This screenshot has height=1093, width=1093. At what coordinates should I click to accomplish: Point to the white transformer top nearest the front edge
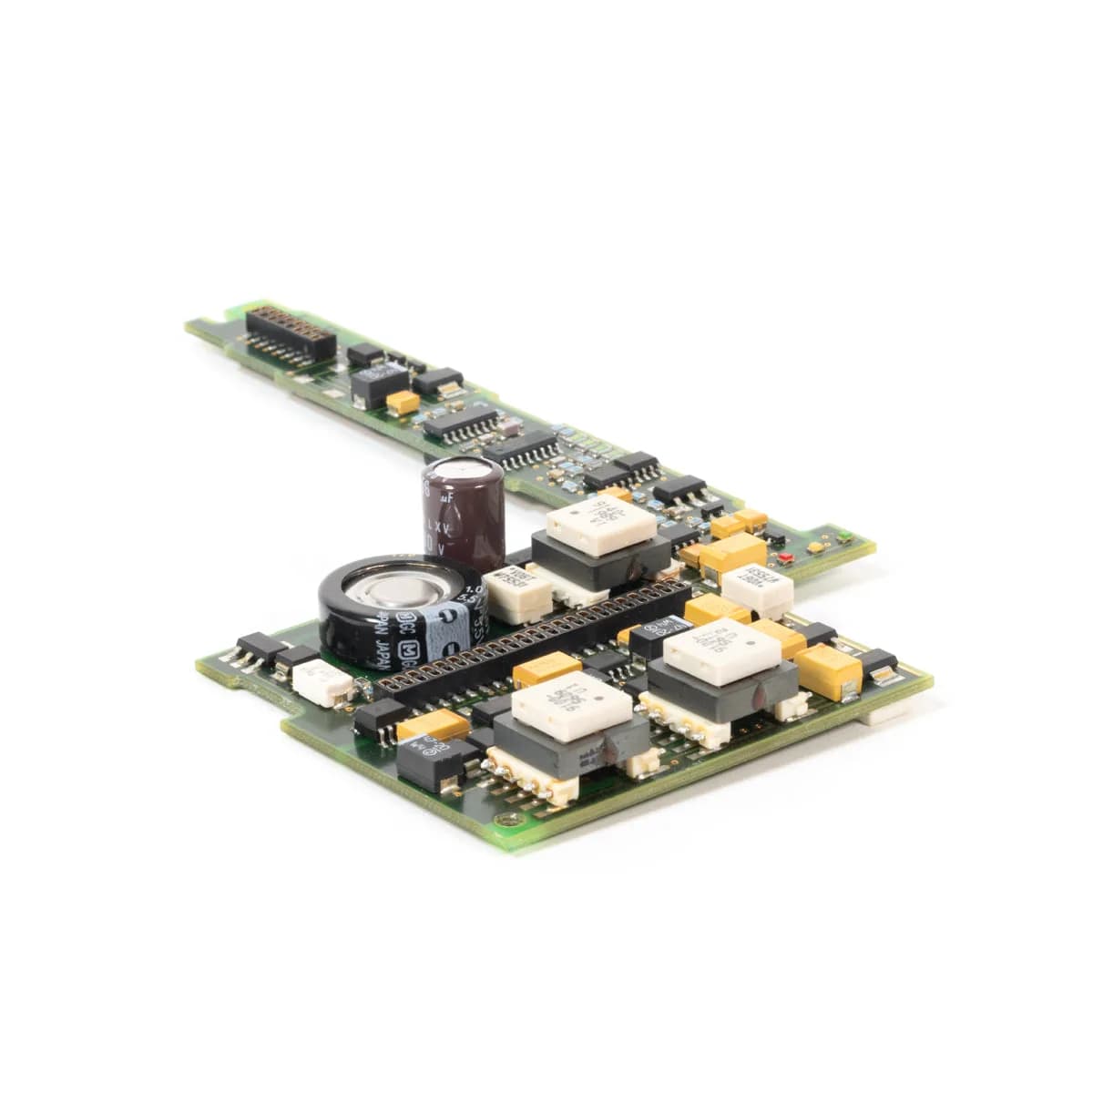(x=571, y=703)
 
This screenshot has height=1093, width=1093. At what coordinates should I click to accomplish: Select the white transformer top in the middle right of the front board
(x=721, y=650)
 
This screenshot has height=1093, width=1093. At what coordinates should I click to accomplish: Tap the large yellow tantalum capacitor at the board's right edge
(x=828, y=670)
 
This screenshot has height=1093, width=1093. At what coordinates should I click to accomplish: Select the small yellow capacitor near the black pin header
(x=402, y=402)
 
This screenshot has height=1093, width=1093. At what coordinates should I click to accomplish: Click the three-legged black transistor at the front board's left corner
(x=257, y=649)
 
